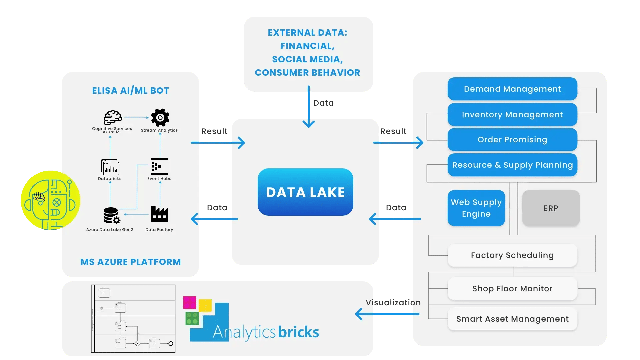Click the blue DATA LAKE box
[305, 192]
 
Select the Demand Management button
[512, 89]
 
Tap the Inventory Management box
[512, 115]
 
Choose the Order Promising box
[512, 140]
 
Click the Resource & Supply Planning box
[512, 165]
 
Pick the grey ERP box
[551, 208]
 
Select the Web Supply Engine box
[476, 208]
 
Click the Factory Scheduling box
[512, 255]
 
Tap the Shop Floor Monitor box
[512, 289]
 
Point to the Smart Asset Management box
[512, 319]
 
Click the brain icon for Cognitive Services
[113, 118]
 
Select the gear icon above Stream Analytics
[160, 118]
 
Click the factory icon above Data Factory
[159, 214]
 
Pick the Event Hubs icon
[159, 167]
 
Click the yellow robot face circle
[50, 200]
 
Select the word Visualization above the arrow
[393, 303]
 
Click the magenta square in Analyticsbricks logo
[189, 303]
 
